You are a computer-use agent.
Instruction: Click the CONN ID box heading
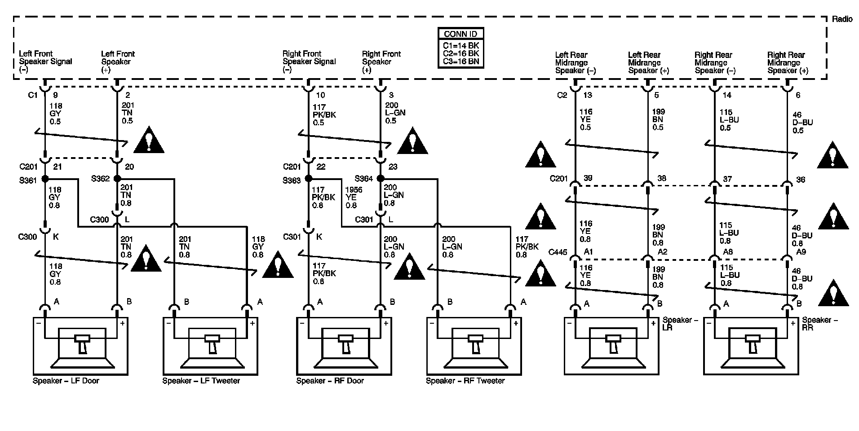(x=460, y=34)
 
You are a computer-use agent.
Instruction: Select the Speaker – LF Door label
(x=66, y=381)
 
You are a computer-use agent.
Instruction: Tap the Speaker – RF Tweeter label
(x=465, y=381)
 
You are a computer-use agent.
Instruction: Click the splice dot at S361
(x=45, y=179)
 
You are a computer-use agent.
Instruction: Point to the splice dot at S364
(x=381, y=178)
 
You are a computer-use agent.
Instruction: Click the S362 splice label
(x=100, y=179)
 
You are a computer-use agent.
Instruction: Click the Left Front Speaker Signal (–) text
(x=45, y=62)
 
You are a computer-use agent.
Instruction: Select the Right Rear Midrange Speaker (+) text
(x=788, y=63)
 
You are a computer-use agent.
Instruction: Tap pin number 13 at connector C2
(x=588, y=95)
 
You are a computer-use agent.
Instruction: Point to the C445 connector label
(x=558, y=252)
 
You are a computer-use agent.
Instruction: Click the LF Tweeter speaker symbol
(x=210, y=346)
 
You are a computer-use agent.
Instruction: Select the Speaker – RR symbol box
(x=751, y=346)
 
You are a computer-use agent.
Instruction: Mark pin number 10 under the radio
(x=320, y=95)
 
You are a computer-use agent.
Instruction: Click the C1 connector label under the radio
(x=33, y=95)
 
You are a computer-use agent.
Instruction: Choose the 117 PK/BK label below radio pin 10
(x=324, y=115)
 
